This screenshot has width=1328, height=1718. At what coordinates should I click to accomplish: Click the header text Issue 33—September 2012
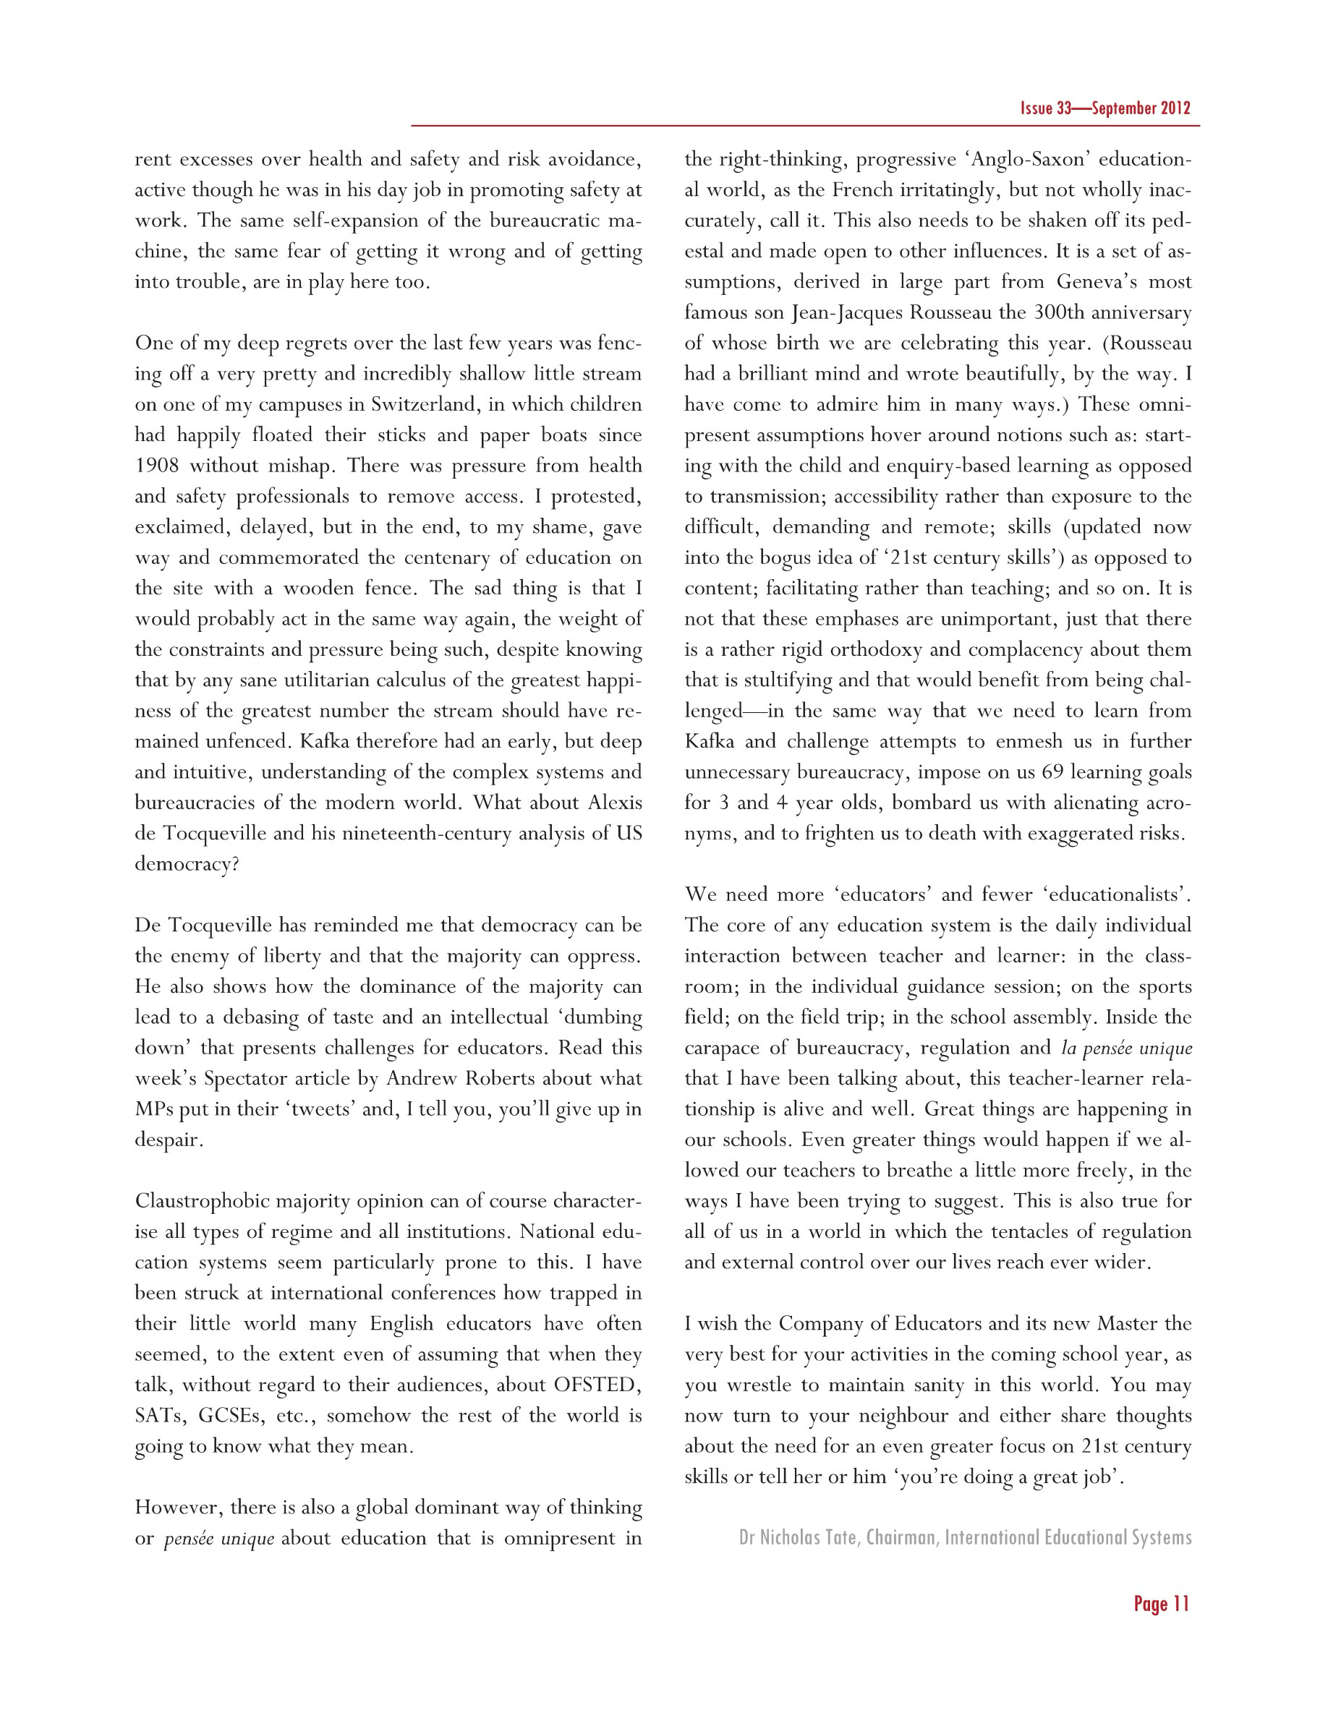(1104, 108)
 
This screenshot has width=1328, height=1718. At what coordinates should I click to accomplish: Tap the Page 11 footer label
(1161, 1603)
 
